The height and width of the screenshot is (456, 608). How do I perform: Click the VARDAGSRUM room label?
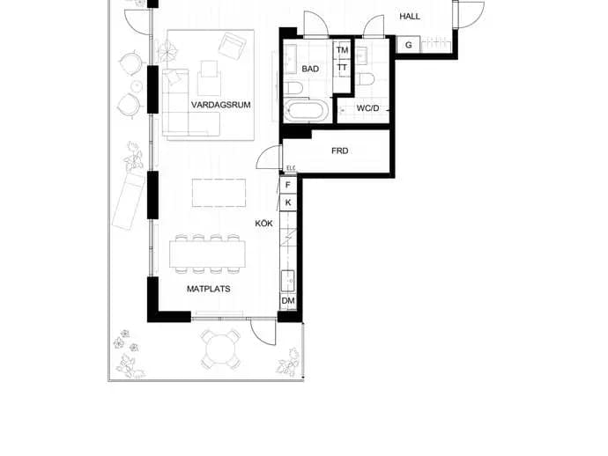point(220,105)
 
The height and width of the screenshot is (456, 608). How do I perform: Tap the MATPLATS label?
point(209,289)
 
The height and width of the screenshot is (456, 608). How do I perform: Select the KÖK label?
point(263,223)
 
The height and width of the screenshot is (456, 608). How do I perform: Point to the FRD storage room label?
point(339,151)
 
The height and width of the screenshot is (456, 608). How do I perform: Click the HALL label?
point(410,17)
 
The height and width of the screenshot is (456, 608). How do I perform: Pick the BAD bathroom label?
point(310,69)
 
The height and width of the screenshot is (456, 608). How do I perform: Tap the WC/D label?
point(367,108)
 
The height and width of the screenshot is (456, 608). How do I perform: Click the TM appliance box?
point(342,50)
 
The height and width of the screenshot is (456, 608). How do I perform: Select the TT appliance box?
point(342,68)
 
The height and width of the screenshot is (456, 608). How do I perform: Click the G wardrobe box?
point(408,45)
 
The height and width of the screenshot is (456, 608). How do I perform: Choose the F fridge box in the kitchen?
point(288,185)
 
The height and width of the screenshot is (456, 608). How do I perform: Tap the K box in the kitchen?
point(288,202)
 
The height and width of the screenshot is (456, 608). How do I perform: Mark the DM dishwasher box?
point(288,301)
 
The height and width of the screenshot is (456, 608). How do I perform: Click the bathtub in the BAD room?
point(307,110)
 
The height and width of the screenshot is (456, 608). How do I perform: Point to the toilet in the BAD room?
point(295,88)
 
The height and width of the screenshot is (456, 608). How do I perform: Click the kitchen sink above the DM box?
point(288,281)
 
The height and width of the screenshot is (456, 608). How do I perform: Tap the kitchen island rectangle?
point(219,193)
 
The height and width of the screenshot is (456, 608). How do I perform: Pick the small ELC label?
point(291,168)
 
